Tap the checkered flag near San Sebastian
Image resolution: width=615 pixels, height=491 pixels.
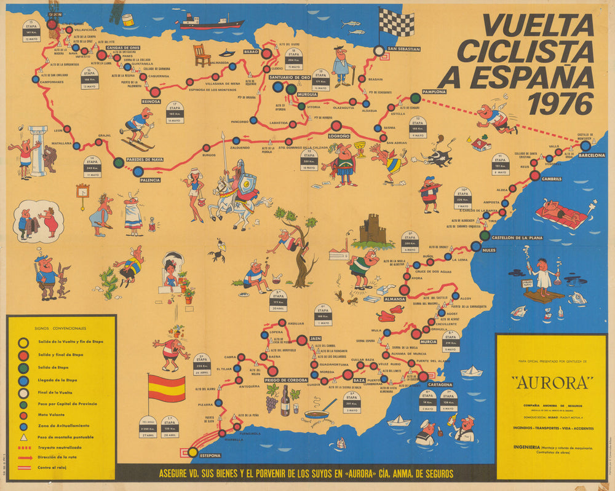pyautogui.click(x=396, y=22)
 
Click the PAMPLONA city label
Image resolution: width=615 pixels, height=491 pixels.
pyautogui.click(x=434, y=92)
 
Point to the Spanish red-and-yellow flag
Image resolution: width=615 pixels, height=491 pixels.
pyautogui.click(x=166, y=388)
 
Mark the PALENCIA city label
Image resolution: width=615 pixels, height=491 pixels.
pyautogui.click(x=150, y=179)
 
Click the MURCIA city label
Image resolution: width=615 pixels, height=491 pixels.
pyautogui.click(x=428, y=342)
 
